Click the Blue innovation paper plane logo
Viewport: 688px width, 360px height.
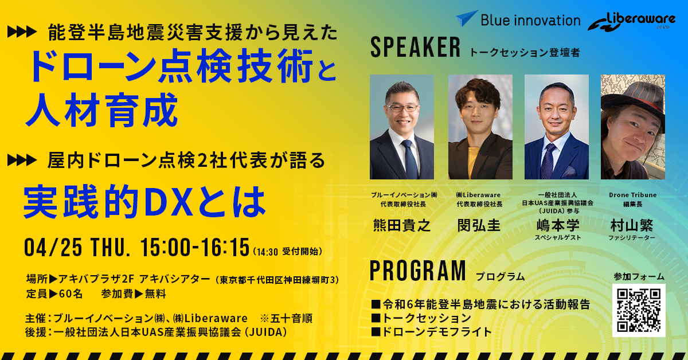[x=466, y=18]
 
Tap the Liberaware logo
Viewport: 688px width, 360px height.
[x=631, y=21]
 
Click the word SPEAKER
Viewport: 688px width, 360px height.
[x=415, y=48]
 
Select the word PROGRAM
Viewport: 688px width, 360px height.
[x=418, y=271]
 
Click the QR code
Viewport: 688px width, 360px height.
[x=639, y=310]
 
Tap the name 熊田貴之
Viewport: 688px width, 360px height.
[x=402, y=225]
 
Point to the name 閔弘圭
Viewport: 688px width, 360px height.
[x=479, y=225]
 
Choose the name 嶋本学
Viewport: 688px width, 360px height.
[x=558, y=225]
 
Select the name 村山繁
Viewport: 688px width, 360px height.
[x=632, y=225]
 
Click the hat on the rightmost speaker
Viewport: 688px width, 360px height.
[x=634, y=95]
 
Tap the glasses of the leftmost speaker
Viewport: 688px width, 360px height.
[x=402, y=108]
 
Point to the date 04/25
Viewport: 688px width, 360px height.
[x=53, y=247]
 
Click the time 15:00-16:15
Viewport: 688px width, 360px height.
[x=195, y=247]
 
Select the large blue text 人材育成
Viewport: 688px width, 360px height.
[x=101, y=110]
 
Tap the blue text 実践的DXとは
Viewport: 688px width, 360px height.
[x=144, y=202]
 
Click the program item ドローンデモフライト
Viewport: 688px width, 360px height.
[x=436, y=332]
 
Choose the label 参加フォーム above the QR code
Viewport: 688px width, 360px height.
[x=639, y=277]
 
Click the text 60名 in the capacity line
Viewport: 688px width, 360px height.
[x=71, y=294]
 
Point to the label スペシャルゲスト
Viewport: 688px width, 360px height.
[x=558, y=237]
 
